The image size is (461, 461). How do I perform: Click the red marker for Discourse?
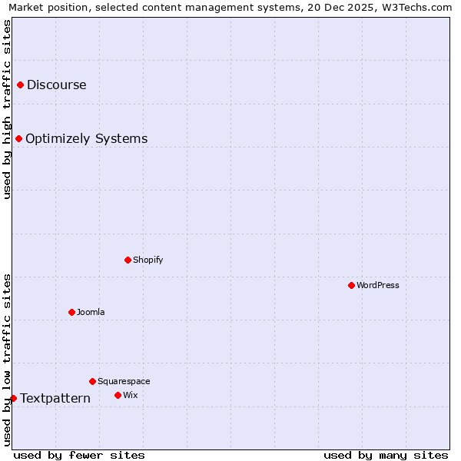[x=21, y=85]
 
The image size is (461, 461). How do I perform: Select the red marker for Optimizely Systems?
[x=19, y=138]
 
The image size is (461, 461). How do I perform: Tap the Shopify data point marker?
[x=128, y=260]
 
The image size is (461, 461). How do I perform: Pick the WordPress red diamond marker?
[x=351, y=285]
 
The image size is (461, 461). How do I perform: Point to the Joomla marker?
[x=71, y=312]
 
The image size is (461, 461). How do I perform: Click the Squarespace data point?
[x=92, y=381]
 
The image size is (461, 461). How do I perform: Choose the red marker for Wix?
[x=118, y=395]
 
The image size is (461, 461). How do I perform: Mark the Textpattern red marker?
[x=13, y=398]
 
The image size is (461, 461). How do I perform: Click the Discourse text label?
[x=57, y=85]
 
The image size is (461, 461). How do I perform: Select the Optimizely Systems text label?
[x=86, y=139]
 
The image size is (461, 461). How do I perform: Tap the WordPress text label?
[x=377, y=285]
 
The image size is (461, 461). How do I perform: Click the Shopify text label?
[x=148, y=260]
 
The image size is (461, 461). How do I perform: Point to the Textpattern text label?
[x=55, y=398]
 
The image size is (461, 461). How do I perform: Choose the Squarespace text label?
[x=124, y=381]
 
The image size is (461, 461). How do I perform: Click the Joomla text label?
[x=91, y=312]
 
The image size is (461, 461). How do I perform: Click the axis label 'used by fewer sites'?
[x=79, y=455]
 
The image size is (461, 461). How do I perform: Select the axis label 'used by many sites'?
[x=386, y=455]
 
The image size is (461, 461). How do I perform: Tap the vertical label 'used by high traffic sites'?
[x=7, y=109]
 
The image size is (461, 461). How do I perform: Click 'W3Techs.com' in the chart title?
[x=416, y=8]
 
